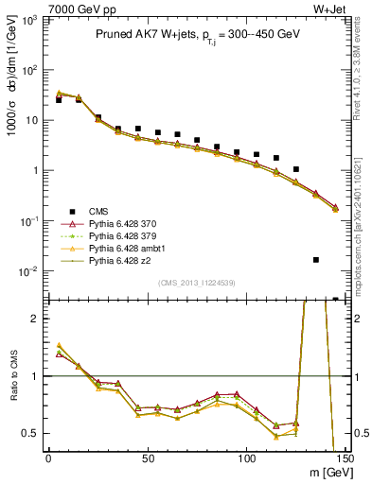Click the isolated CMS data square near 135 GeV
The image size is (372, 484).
pos(316,259)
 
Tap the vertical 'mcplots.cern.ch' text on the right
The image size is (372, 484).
pos(363,217)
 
